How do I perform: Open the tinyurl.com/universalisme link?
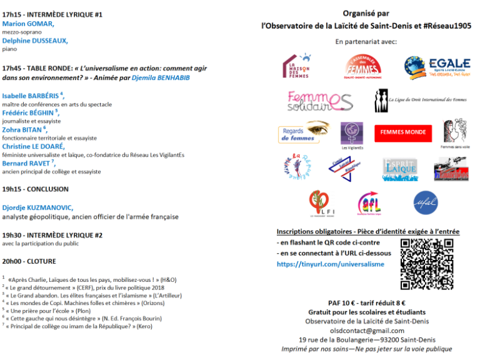point(331,264)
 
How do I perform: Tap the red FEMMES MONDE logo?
point(403,132)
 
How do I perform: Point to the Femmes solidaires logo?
point(320,100)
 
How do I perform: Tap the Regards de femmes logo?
point(304,132)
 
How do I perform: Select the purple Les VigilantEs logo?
point(352,134)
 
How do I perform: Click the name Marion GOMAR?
point(27,24)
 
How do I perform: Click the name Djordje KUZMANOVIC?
point(37,207)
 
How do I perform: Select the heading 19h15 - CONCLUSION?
point(35,189)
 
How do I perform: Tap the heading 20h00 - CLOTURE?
point(29,261)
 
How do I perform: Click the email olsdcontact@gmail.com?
point(367,330)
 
